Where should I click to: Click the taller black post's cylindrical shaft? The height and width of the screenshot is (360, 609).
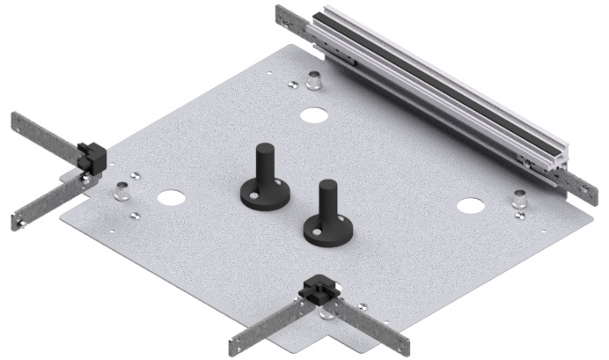[262, 163]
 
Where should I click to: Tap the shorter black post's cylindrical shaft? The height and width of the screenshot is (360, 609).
[327, 200]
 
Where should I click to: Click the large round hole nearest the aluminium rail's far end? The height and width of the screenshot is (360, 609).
[312, 114]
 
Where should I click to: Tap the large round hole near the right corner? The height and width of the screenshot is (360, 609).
[469, 207]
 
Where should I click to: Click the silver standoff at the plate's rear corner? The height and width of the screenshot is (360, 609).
[312, 80]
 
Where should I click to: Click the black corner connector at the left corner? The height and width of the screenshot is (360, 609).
[91, 156]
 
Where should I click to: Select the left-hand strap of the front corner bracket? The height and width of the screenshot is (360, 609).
[268, 327]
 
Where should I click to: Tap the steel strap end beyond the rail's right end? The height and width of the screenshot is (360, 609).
[576, 186]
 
